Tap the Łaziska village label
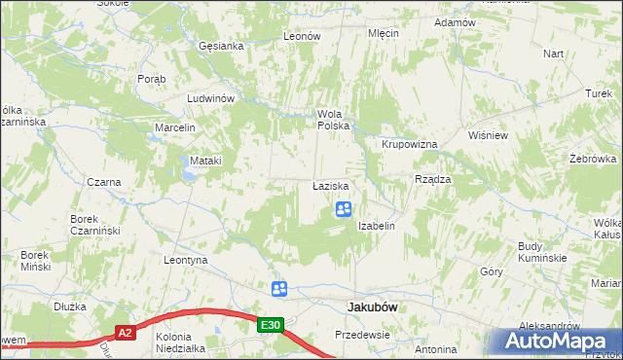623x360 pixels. [331, 185]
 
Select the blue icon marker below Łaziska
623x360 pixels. [344, 209]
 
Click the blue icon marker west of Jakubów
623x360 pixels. [279, 288]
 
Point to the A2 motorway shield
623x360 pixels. [125, 333]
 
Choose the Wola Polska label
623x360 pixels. [333, 120]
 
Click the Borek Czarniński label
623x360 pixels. [94, 225]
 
